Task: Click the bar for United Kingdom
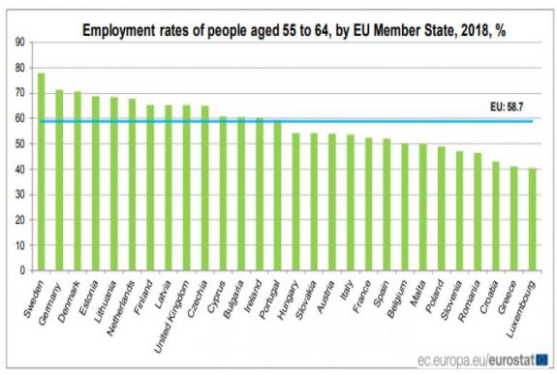[186, 189]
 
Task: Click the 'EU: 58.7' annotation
[512, 109]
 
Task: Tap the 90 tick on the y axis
[20, 44]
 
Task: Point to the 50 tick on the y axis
[20, 144]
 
